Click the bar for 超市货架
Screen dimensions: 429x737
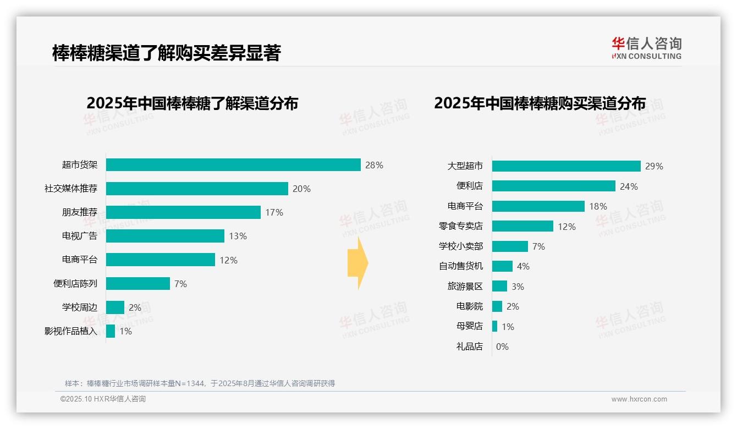(233, 165)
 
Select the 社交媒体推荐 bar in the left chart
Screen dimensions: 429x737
(197, 189)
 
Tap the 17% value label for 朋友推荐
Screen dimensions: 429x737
(274, 212)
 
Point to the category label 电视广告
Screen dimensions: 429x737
(79, 236)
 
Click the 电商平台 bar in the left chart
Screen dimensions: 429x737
(160, 260)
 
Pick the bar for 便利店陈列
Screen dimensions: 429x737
(137, 284)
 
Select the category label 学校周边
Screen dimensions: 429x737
(79, 307)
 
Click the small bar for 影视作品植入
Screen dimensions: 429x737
(111, 331)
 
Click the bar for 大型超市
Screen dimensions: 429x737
(566, 166)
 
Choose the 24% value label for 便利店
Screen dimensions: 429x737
(629, 186)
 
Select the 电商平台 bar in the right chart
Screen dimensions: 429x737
(538, 206)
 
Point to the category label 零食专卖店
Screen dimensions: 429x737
(460, 227)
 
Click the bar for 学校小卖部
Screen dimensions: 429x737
(510, 246)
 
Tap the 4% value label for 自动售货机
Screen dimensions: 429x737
(523, 267)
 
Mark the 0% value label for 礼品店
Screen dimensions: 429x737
(502, 346)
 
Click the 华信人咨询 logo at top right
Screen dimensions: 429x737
(646, 48)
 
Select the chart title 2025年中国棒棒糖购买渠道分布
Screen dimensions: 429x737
(540, 103)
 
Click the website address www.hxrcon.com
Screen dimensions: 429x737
(639, 399)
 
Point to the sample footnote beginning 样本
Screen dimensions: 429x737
(200, 383)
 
